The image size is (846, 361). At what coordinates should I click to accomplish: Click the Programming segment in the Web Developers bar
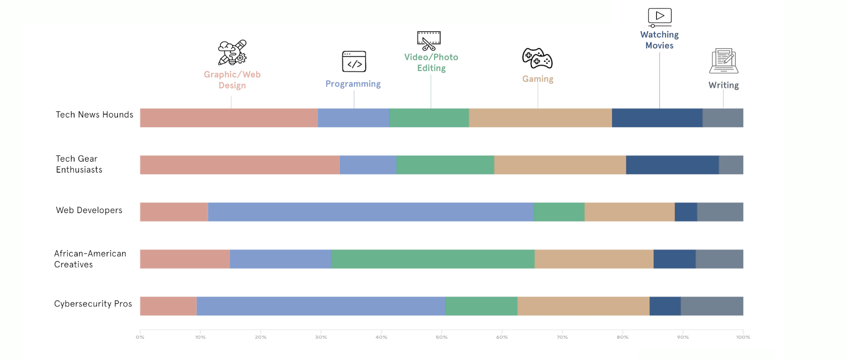tap(371, 212)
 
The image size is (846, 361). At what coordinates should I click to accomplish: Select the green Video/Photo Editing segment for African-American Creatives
tap(433, 259)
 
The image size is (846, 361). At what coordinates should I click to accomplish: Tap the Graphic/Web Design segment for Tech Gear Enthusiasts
tap(239, 165)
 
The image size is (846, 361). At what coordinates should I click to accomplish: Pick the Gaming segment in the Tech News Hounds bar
tap(540, 118)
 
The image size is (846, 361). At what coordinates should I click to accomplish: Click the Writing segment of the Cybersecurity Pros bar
tap(711, 306)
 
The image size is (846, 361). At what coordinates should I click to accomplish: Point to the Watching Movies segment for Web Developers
tap(686, 212)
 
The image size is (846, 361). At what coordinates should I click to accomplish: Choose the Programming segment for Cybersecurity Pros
tap(321, 306)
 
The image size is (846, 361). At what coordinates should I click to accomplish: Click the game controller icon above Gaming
tap(537, 58)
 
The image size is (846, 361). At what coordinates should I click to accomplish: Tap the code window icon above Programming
tap(354, 62)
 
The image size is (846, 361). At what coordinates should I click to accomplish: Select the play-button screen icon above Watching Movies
tap(659, 17)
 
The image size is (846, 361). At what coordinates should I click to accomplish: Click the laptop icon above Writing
tap(723, 61)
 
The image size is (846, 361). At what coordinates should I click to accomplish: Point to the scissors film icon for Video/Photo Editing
tap(429, 40)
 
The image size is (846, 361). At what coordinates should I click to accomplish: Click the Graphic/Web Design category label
tap(232, 80)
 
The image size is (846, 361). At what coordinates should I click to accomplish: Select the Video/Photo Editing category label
tap(431, 63)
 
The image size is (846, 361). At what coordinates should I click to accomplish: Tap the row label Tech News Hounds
tap(94, 115)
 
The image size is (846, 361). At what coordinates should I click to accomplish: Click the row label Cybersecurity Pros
tap(93, 303)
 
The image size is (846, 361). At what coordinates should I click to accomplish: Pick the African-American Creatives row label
tap(90, 259)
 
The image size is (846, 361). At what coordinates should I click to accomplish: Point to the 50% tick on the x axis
tap(442, 337)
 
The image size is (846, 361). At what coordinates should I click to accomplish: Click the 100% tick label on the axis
tap(743, 337)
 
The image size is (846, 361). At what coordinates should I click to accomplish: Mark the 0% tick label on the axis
tap(140, 337)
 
